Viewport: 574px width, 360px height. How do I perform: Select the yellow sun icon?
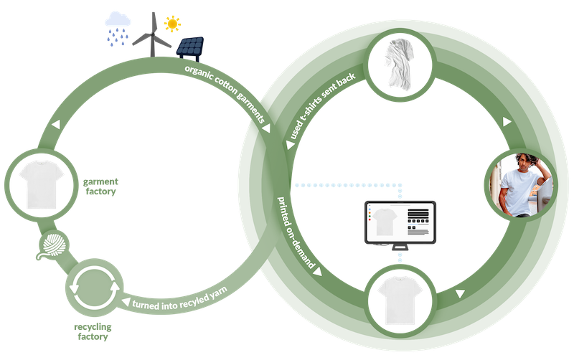[172, 24]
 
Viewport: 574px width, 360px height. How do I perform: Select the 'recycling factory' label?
[93, 331]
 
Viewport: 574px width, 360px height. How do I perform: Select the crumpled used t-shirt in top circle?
[400, 64]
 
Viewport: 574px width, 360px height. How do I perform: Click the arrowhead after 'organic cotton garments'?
[267, 130]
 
